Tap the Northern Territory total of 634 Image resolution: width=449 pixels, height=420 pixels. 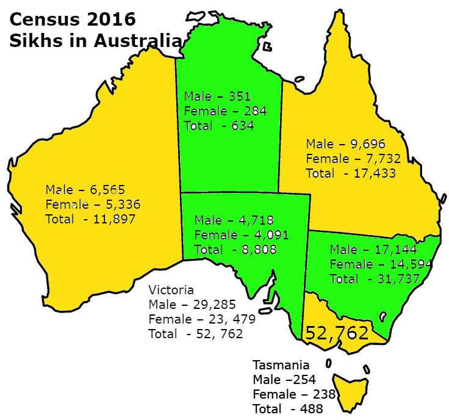coord(242,126)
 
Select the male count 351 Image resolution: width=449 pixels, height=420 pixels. coord(239,96)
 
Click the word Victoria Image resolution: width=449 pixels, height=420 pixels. coord(171,290)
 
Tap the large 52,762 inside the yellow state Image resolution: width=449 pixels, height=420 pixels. coord(337,333)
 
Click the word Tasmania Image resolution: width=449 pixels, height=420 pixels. coord(281,365)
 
